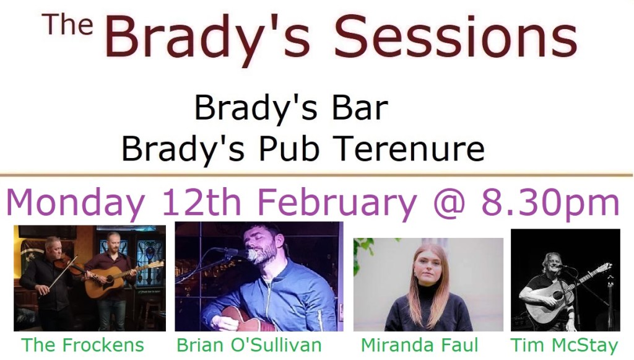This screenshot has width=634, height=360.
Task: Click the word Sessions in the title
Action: click(x=456, y=36)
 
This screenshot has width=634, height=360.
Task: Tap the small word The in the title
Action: click(x=67, y=24)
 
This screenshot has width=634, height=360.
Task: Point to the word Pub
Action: click(x=289, y=149)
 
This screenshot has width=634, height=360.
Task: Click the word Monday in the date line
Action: click(x=76, y=203)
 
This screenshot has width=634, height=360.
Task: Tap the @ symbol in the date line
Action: click(x=449, y=203)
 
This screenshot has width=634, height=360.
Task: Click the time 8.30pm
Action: click(x=550, y=203)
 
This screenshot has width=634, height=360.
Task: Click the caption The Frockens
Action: click(x=82, y=345)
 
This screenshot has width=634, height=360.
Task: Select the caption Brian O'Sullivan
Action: click(x=249, y=345)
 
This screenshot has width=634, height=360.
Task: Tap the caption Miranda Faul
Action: click(x=419, y=345)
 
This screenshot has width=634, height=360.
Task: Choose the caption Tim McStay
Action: click(x=565, y=345)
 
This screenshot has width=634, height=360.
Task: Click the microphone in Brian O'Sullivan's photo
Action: click(x=243, y=253)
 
